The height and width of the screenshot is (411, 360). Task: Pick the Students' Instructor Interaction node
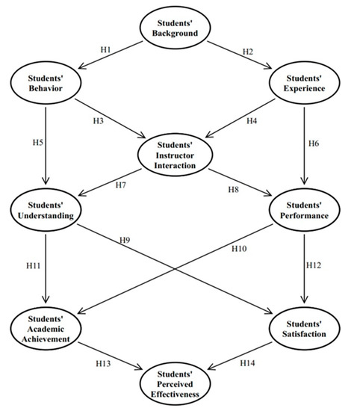(176, 153)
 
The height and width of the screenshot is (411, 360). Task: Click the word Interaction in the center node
(176, 163)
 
